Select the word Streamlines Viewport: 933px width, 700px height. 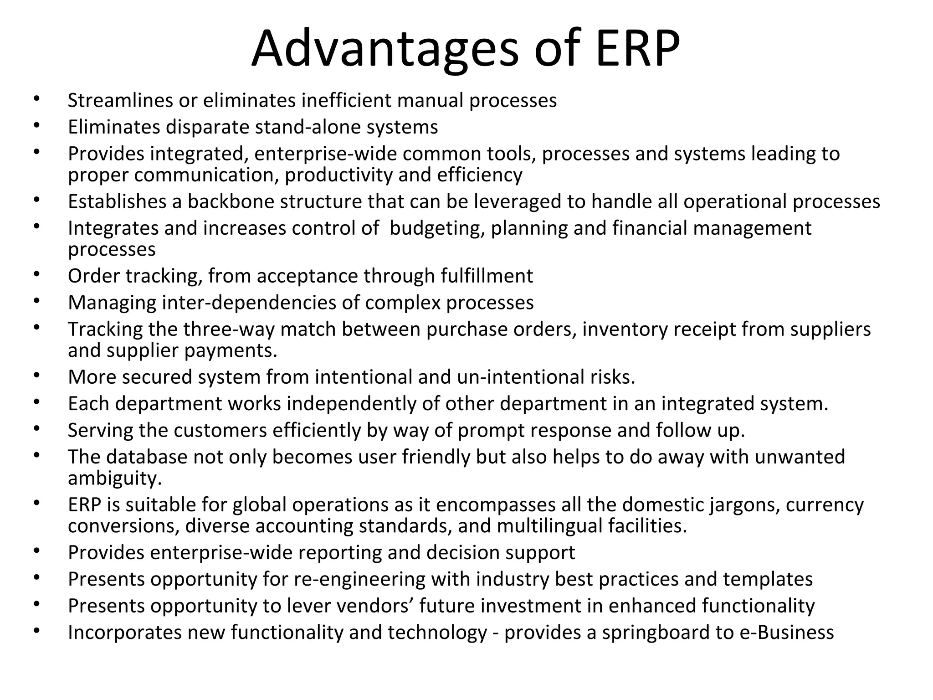pyautogui.click(x=120, y=100)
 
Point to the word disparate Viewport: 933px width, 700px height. pyautogui.click(x=207, y=127)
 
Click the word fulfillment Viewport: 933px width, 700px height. pyautogui.click(x=487, y=276)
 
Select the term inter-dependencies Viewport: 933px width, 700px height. pyautogui.click(x=248, y=303)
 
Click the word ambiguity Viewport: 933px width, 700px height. pyautogui.click(x=115, y=479)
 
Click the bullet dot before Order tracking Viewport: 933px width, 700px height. pyautogui.click(x=37, y=274)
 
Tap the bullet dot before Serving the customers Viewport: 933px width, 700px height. pyautogui.click(x=37, y=429)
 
